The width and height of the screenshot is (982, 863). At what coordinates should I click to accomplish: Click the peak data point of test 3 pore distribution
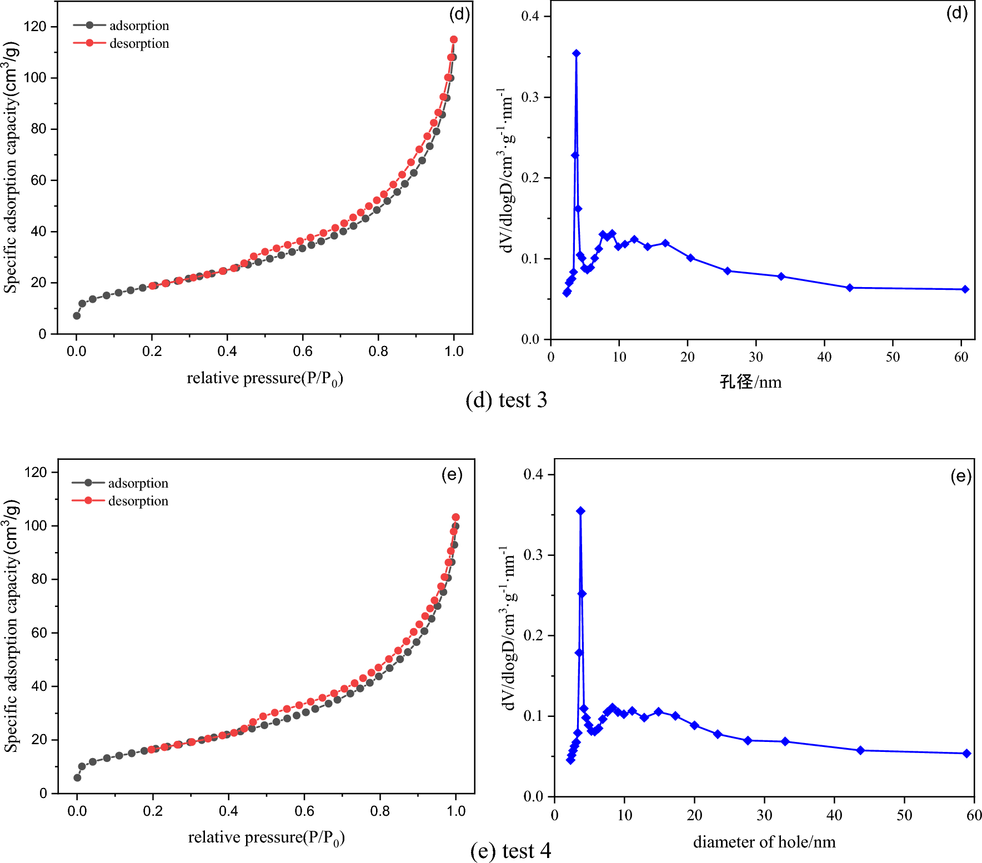click(x=577, y=54)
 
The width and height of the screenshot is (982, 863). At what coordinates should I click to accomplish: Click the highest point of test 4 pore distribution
click(x=580, y=511)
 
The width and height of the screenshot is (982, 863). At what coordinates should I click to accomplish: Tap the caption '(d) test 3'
click(x=506, y=400)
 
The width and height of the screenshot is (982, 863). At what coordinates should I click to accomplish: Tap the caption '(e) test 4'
click(x=510, y=851)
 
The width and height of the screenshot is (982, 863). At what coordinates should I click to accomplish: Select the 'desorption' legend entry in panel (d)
click(x=139, y=43)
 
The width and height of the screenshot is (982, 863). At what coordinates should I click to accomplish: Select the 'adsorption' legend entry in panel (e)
click(x=138, y=483)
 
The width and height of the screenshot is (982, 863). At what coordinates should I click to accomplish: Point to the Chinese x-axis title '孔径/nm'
click(x=750, y=382)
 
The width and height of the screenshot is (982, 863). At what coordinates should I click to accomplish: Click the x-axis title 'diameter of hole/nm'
click(x=764, y=842)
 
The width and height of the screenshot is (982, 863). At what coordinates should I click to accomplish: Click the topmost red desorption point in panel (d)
click(x=454, y=39)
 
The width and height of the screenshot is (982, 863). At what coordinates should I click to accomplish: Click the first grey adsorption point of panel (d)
click(x=77, y=315)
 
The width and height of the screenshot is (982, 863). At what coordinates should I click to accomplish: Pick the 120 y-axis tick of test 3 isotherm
click(x=35, y=27)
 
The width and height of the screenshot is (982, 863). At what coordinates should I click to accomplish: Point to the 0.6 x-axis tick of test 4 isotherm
click(x=304, y=811)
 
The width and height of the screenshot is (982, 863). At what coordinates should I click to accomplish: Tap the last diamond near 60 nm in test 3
click(x=965, y=289)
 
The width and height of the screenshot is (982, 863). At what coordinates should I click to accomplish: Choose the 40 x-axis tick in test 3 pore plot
click(x=824, y=357)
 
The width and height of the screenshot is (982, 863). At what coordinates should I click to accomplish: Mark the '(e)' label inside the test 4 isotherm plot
click(x=452, y=475)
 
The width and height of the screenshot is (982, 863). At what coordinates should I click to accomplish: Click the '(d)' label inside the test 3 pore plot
click(x=957, y=13)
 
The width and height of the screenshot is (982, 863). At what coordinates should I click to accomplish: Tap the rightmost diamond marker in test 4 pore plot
click(x=967, y=754)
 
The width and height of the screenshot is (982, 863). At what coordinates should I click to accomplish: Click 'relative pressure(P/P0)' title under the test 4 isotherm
click(x=266, y=837)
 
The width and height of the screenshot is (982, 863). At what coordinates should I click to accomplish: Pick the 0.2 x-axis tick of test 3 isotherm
click(x=152, y=352)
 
